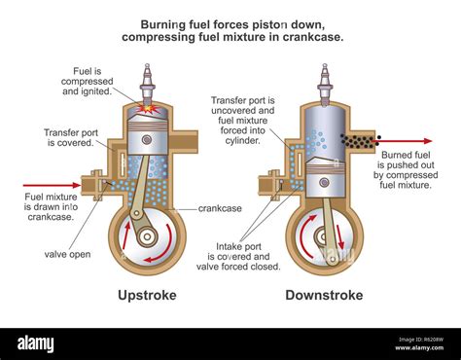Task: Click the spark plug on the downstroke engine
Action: (325, 82)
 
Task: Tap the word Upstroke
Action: (147, 294)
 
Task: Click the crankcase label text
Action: (220, 208)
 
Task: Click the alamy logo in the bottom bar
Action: (37, 342)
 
